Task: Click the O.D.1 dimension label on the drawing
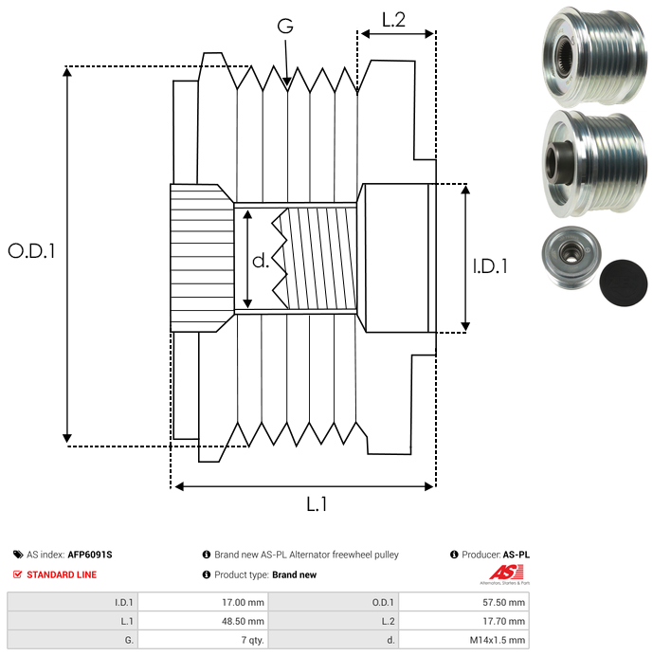click(32, 251)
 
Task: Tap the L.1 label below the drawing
click(317, 504)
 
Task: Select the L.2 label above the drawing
click(393, 19)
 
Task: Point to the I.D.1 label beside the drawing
click(490, 266)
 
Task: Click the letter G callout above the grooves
click(285, 27)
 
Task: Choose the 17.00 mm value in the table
click(242, 601)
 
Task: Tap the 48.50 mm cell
click(242, 620)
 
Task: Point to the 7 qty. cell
click(250, 640)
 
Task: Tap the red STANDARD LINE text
click(61, 574)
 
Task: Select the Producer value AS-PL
click(516, 555)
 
